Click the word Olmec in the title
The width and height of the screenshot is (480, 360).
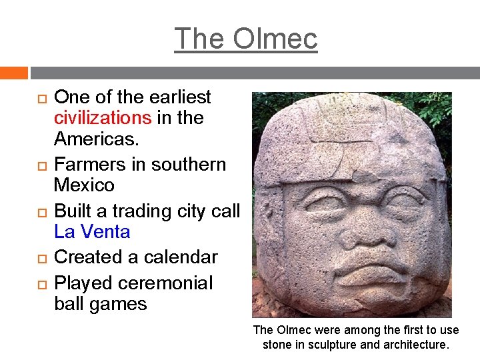[x=275, y=39]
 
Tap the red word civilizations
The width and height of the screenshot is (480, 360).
[x=103, y=118]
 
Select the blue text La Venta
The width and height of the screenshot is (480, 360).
[x=92, y=232]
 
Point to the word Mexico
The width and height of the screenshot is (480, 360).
[x=84, y=185]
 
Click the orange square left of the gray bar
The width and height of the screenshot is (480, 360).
[x=13, y=73]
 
